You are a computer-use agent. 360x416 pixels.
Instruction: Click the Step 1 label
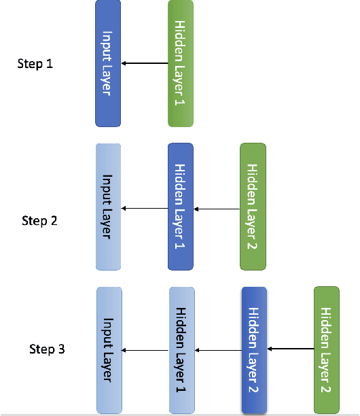point(34,64)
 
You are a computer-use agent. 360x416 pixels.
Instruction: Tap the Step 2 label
point(39,220)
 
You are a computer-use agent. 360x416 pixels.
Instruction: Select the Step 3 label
point(47,349)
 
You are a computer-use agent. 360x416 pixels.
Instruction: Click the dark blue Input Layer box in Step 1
point(108,63)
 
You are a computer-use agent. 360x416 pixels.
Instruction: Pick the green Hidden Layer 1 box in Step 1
point(181,63)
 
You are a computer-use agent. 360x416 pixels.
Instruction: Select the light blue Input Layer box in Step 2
point(108,207)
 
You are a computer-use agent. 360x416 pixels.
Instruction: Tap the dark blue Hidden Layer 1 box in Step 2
point(181,207)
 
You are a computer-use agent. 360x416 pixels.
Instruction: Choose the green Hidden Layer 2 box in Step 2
point(253,207)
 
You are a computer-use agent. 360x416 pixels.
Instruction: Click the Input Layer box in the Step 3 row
point(109,349)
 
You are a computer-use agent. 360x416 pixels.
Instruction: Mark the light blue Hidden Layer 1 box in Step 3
point(181,349)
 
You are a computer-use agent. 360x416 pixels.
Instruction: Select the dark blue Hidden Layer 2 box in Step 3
point(254,349)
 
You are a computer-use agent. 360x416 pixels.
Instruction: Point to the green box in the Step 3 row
point(326,349)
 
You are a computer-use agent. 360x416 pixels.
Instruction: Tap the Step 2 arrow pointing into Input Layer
point(145,209)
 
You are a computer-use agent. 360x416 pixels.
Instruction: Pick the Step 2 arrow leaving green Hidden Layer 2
point(217,209)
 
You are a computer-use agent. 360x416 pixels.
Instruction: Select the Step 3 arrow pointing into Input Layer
point(145,351)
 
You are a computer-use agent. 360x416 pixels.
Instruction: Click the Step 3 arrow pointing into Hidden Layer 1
point(218,351)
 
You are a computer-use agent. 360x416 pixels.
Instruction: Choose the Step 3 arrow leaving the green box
point(290,349)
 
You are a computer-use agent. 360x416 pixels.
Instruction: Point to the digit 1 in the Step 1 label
point(48,64)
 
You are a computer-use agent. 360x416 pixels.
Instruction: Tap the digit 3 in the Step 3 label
point(62,349)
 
